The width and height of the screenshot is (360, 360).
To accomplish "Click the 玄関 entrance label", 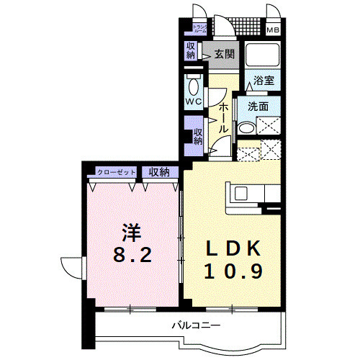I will coord(224,53).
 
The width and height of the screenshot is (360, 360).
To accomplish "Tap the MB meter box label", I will coord(274,30).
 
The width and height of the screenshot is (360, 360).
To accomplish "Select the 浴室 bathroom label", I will coord(262,82).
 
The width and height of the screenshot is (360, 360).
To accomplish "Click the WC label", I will coord(193,102).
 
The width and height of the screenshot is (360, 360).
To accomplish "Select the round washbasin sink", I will coord(246,128).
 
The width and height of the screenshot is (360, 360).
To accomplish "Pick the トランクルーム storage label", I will coord(199,30).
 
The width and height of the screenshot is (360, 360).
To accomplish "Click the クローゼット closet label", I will coord(117,172).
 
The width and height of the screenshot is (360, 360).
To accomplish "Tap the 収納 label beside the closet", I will coord(160,172).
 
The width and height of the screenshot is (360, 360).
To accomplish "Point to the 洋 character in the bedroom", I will coord(130,233).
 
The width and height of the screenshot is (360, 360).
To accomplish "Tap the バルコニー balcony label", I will coord(195,326).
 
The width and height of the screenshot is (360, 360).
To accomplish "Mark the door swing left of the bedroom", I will coord(72,267).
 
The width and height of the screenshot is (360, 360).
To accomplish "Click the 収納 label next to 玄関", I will coord(191,51).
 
